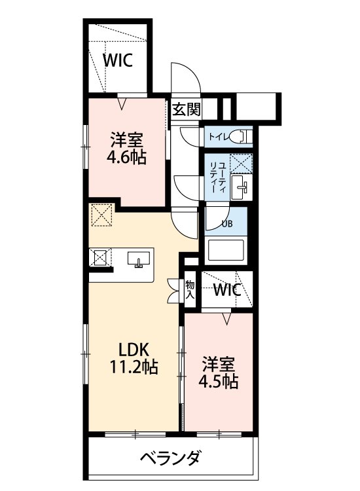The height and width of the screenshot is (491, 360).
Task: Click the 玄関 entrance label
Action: (x=187, y=109)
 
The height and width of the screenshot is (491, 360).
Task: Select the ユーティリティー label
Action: (x=217, y=177)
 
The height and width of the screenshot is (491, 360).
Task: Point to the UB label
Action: (x=226, y=224)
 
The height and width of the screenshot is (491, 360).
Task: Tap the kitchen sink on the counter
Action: (x=139, y=259)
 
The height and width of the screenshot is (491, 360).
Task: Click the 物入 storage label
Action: (x=190, y=289)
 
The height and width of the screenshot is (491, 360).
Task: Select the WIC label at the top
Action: (x=118, y=60)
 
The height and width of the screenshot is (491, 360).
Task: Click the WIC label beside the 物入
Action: (x=227, y=290)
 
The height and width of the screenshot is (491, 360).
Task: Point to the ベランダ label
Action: (x=170, y=458)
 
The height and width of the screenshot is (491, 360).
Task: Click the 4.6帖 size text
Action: (x=126, y=158)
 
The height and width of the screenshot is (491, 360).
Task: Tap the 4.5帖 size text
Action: (x=218, y=382)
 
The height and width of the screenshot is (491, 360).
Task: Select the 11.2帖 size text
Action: (x=134, y=367)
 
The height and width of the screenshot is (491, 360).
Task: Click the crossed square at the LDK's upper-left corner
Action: (x=102, y=215)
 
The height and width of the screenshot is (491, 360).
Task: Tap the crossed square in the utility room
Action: (x=241, y=163)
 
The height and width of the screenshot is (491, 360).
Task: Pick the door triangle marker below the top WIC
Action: (x=122, y=103)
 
